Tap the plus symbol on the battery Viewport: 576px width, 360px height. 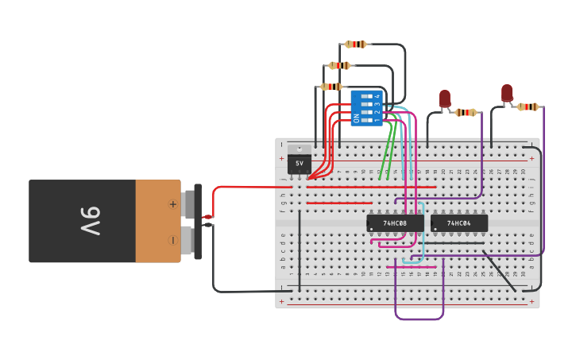pyautogui.click(x=172, y=204)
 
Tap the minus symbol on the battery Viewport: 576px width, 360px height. pyautogui.click(x=172, y=240)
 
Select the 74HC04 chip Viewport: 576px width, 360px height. pyautogui.click(x=459, y=223)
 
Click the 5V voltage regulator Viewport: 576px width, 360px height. pyautogui.click(x=300, y=161)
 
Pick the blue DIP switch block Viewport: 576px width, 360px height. pyautogui.click(x=366, y=107)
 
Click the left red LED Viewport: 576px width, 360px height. pyautogui.click(x=445, y=99)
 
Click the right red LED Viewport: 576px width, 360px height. pyautogui.click(x=507, y=93)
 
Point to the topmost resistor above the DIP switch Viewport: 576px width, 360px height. pyautogui.click(x=356, y=45)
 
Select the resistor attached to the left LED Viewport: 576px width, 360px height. pyautogui.click(x=466, y=113)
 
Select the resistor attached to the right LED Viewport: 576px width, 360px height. pyautogui.click(x=528, y=106)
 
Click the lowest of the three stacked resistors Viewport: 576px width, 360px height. pyautogui.click(x=331, y=87)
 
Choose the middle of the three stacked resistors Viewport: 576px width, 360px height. pyautogui.click(x=339, y=65)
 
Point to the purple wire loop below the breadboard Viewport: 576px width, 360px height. pyautogui.click(x=419, y=319)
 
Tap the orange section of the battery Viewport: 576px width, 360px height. pyautogui.click(x=157, y=221)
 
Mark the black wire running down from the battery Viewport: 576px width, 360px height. pyautogui.click(x=214, y=262)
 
